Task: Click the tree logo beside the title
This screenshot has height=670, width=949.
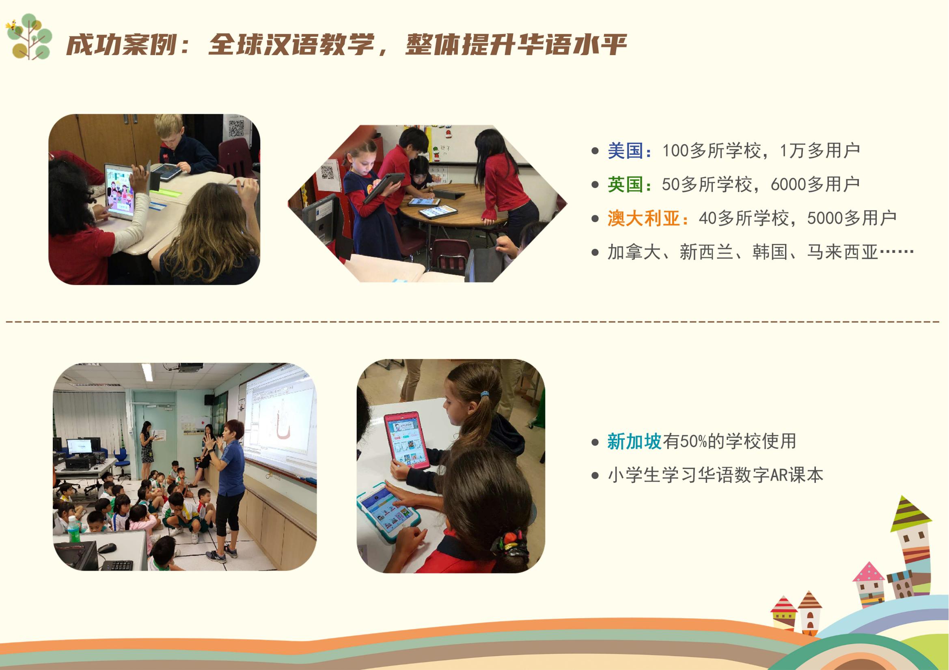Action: click(x=29, y=37)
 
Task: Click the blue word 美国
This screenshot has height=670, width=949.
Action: click(x=625, y=151)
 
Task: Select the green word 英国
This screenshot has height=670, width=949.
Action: click(x=625, y=184)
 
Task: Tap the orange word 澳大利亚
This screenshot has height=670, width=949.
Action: click(x=643, y=218)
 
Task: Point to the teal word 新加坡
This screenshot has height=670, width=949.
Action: click(x=634, y=441)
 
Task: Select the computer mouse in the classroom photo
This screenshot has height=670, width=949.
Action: click(x=107, y=548)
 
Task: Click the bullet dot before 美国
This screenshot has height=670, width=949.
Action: click(x=595, y=151)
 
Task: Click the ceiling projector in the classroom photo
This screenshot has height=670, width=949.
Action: click(x=188, y=367)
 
